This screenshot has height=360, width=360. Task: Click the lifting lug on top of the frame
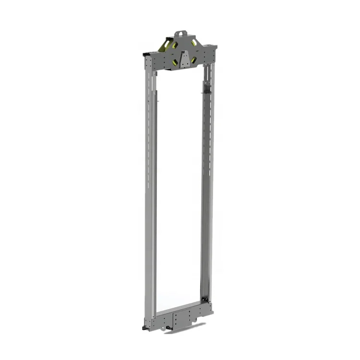(x=181, y=35)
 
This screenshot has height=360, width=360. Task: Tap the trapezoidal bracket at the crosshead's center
(x=183, y=60)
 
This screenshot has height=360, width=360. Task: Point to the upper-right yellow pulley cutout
(x=194, y=43)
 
